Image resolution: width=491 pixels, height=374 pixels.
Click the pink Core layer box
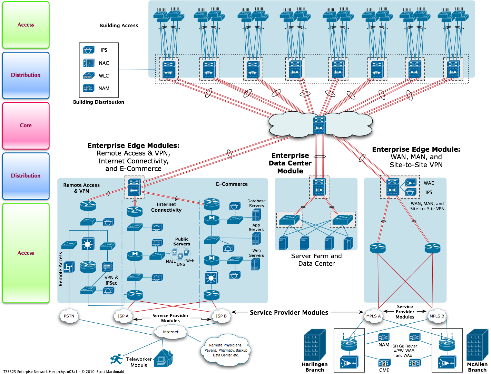point(26,125)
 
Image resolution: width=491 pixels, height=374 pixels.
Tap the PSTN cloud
point(69,316)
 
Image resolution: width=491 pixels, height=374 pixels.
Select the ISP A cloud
point(123,316)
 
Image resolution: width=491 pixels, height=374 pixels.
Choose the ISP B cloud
point(221,316)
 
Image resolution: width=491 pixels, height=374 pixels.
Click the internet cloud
point(171,332)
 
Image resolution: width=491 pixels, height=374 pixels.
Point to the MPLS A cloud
point(373,316)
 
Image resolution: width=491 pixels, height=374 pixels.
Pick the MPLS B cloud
point(437,316)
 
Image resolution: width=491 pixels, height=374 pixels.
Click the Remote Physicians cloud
point(226,350)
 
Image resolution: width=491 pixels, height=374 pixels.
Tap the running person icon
point(117,359)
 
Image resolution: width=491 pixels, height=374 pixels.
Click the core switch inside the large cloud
point(320,125)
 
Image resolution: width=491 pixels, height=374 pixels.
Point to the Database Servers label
point(256,203)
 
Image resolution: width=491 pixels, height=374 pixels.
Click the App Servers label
point(256,227)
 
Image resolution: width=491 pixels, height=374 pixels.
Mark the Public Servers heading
point(182,242)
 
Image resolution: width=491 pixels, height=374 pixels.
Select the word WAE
point(429,183)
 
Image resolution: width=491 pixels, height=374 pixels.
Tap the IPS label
point(429,192)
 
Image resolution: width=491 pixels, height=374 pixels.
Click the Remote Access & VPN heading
point(81,188)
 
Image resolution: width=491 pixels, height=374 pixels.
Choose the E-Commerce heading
point(232,184)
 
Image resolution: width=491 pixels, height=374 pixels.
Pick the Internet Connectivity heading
point(166,207)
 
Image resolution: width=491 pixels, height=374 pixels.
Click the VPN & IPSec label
point(111,280)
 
